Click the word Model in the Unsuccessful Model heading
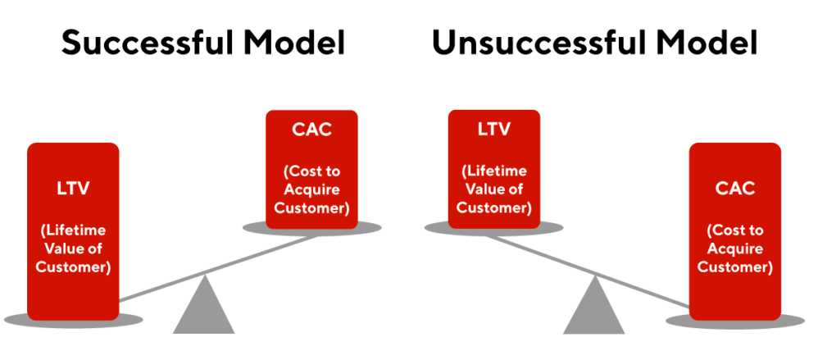tap(706, 43)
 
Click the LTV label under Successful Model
tap(73, 189)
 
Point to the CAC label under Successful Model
tap(311, 130)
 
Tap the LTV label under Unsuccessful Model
tap(494, 129)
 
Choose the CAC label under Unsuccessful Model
tap(735, 189)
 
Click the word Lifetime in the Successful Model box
tap(74, 230)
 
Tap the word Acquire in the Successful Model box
tap(312, 190)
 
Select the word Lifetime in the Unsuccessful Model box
tap(494, 171)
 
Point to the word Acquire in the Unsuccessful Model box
tap(735, 248)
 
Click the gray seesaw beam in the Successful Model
tap(220, 268)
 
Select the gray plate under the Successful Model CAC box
tap(312, 229)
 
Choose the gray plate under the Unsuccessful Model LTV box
tap(494, 229)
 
